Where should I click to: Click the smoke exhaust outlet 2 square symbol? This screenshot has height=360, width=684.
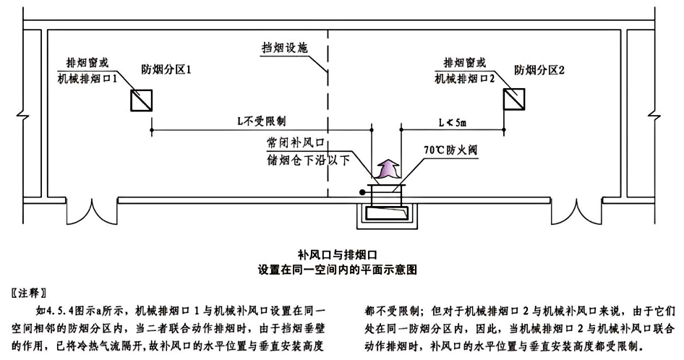coord(515,99)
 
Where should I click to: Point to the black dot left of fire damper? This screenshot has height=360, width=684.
coord(362,192)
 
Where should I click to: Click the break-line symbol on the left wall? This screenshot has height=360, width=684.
coord(24,116)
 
